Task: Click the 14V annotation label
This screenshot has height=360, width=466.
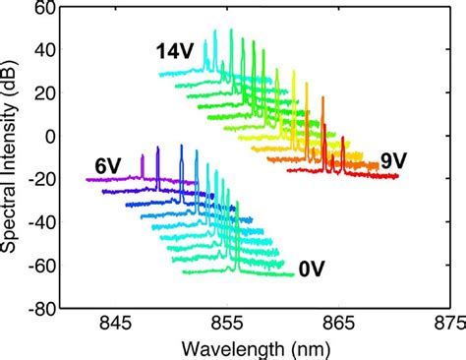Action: (174, 52)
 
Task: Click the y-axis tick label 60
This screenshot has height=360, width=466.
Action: (42, 9)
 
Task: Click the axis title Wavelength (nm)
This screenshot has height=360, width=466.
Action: (254, 348)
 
